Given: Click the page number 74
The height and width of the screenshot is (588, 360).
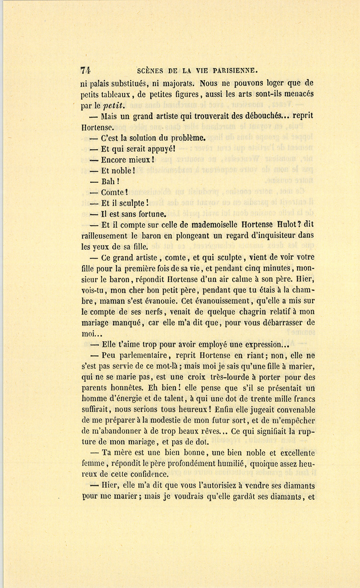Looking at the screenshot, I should tap(85, 70).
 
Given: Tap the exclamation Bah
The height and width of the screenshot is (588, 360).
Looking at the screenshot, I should tap(108, 182).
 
